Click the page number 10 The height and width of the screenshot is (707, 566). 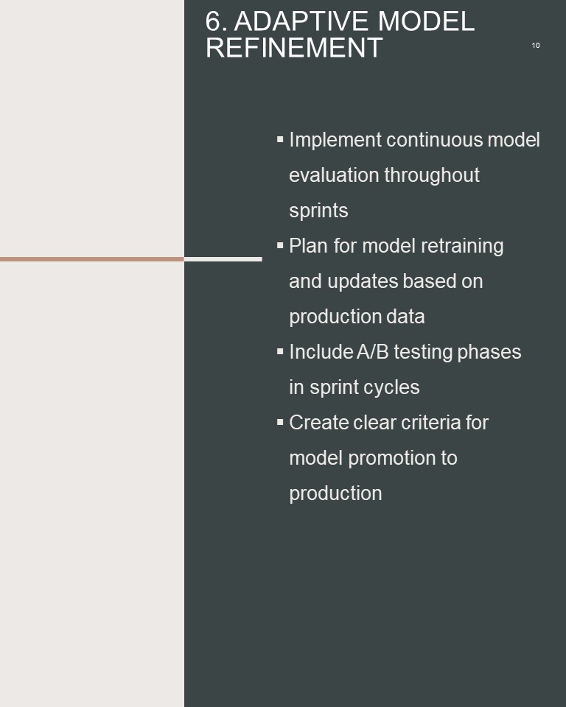(536, 46)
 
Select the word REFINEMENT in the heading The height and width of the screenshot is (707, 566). (294, 47)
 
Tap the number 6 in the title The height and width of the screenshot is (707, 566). (214, 21)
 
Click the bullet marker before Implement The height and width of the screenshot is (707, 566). (280, 139)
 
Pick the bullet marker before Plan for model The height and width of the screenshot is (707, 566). (280, 245)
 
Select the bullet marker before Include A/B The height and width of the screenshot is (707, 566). (280, 351)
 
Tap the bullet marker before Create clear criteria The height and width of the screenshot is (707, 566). (280, 422)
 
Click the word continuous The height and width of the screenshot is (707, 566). (435, 140)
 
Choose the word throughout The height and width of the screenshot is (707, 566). (432, 175)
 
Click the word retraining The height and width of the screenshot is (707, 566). (462, 247)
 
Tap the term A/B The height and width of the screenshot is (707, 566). (373, 352)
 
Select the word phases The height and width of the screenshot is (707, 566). (489, 352)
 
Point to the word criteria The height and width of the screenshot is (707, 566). (431, 423)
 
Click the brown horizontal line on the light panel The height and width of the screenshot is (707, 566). (92, 259)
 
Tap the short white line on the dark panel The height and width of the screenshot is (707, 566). (223, 259)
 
